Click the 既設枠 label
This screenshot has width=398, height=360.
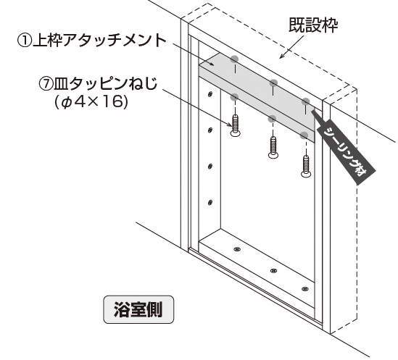pyautogui.click(x=313, y=25)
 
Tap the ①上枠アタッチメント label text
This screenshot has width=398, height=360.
pyautogui.click(x=91, y=40)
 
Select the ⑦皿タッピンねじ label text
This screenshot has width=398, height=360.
pyautogui.click(x=98, y=84)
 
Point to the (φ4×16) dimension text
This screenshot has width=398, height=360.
pyautogui.click(x=91, y=102)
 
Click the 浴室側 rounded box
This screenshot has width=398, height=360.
pyautogui.click(x=138, y=309)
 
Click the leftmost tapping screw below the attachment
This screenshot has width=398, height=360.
pyautogui.click(x=236, y=125)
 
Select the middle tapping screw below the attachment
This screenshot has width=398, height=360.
pyautogui.click(x=273, y=148)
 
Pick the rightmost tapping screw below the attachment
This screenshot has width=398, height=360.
pyautogui.click(x=306, y=167)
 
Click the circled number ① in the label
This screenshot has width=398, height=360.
pyautogui.click(x=25, y=41)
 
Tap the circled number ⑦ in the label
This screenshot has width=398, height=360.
pyautogui.click(x=46, y=84)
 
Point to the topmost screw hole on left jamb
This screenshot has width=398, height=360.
pyautogui.click(x=210, y=94)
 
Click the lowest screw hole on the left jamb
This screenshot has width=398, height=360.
pyautogui.click(x=210, y=202)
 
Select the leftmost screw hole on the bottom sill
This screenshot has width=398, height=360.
pyautogui.click(x=237, y=249)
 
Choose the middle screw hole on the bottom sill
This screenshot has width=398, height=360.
pyautogui.click(x=273, y=271)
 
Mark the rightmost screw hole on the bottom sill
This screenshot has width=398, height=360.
pyautogui.click(x=305, y=289)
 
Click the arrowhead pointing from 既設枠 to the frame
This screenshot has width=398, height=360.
pyautogui.click(x=282, y=56)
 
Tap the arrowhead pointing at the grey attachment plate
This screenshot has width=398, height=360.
pyautogui.click(x=211, y=64)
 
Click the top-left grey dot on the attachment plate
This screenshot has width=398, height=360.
pyautogui.click(x=235, y=59)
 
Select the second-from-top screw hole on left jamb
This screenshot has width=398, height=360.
pyautogui.click(x=210, y=130)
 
